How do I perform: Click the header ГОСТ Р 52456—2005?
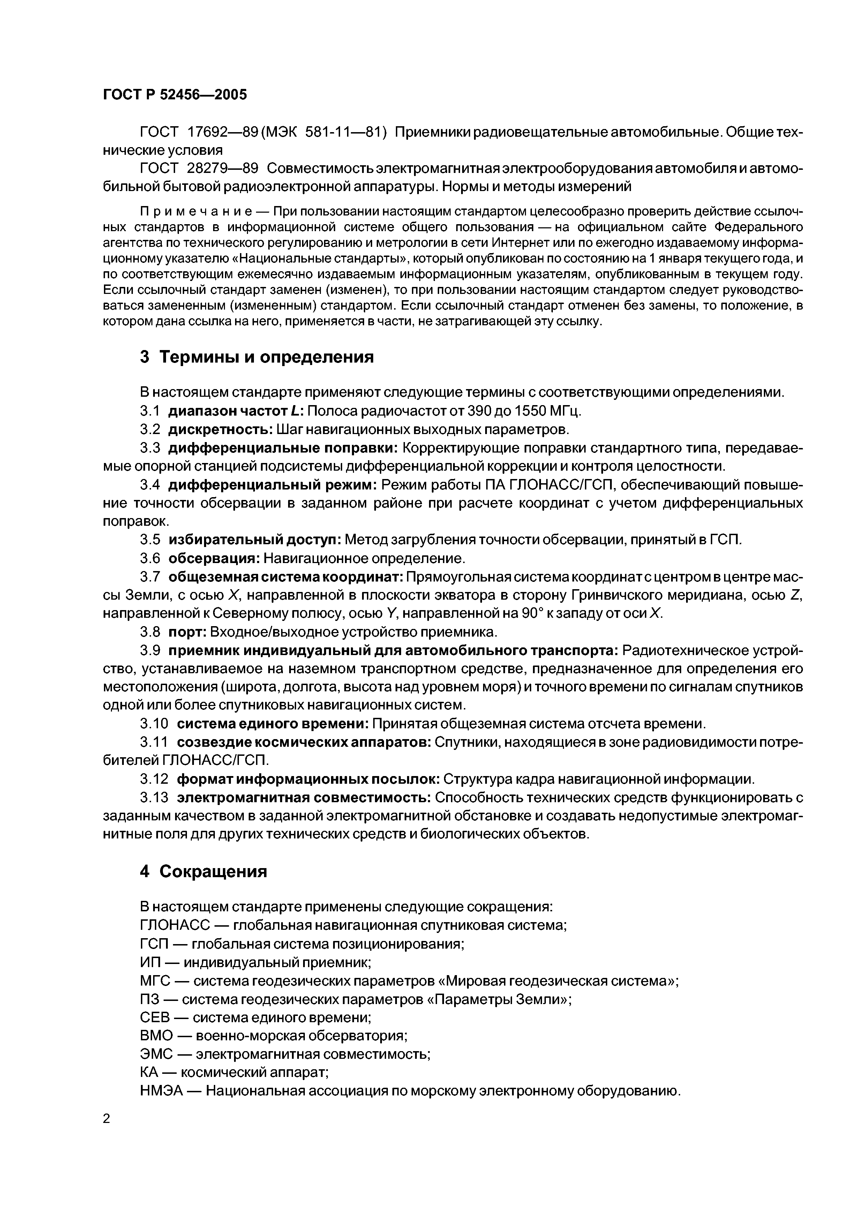[x=175, y=95]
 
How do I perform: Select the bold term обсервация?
[x=214, y=558]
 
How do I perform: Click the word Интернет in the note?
[x=517, y=243]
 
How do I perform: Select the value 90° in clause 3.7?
[x=531, y=614]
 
